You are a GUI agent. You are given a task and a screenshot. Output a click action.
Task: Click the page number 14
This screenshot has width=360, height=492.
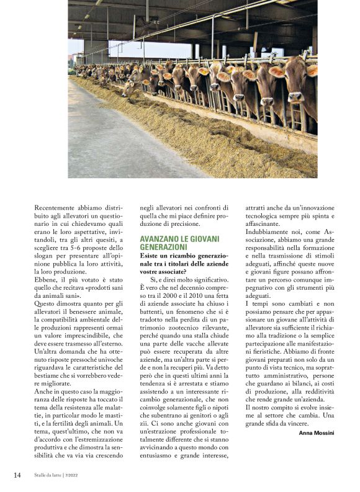click(x=17, y=475)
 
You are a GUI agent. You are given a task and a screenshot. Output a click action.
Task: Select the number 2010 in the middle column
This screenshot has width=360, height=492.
click(x=227, y=288)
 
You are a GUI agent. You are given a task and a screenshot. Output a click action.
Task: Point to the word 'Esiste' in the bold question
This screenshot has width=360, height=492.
click(x=151, y=256)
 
